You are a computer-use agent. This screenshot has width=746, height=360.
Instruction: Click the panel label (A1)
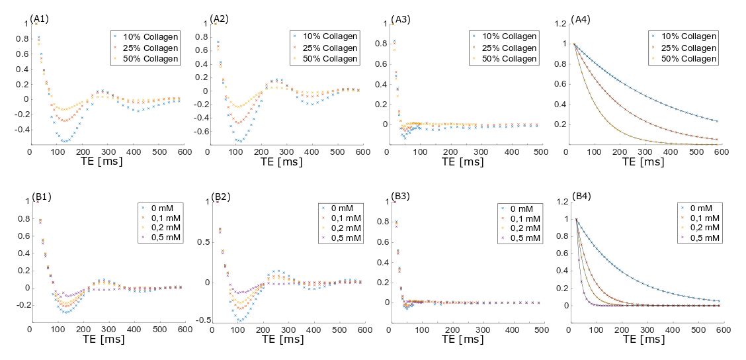click(40, 17)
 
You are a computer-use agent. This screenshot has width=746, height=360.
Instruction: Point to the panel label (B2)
click(221, 197)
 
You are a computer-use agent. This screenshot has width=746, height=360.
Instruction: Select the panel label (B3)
click(401, 196)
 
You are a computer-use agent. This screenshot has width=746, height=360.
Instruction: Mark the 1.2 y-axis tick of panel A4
click(560, 24)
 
